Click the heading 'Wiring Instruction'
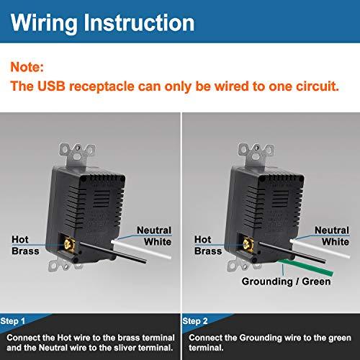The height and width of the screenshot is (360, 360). pyautogui.click(x=102, y=23)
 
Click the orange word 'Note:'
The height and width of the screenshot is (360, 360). pyautogui.click(x=27, y=67)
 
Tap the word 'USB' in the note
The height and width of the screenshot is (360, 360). pyautogui.click(x=51, y=86)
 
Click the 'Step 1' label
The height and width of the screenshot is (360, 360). pyautogui.click(x=13, y=321)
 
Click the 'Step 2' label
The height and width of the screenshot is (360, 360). pyautogui.click(x=195, y=321)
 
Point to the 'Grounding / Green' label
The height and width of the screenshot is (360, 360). pyautogui.click(x=286, y=282)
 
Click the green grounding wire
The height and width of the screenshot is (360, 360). pyautogui.click(x=307, y=266)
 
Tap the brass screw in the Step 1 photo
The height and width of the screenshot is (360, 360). pyautogui.click(x=68, y=244)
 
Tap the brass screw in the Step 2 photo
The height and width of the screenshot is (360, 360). pyautogui.click(x=247, y=244)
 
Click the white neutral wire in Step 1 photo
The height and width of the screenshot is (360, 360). pyautogui.click(x=141, y=250)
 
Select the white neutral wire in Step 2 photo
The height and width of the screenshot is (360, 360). pyautogui.click(x=320, y=249)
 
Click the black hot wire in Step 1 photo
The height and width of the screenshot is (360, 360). pyautogui.click(x=113, y=253)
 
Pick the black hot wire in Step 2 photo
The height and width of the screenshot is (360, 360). pyautogui.click(x=292, y=253)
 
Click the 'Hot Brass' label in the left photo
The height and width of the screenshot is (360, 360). pyautogui.click(x=25, y=245)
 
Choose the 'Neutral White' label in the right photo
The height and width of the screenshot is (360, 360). pyautogui.click(x=332, y=235)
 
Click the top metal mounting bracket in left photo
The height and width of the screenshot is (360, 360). pyautogui.click(x=77, y=154)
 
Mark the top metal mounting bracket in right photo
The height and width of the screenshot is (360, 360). pyautogui.click(x=256, y=154)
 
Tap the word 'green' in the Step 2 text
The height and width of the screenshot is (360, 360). pyautogui.click(x=340, y=338)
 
